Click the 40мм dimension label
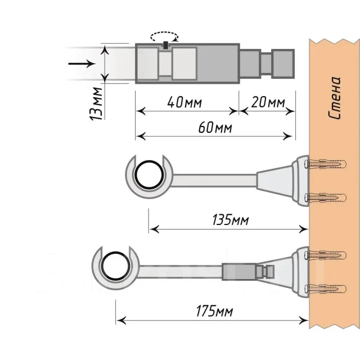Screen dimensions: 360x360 click(184, 103)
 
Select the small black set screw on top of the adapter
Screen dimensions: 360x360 click(165, 46)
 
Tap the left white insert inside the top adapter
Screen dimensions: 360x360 click(147, 63)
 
